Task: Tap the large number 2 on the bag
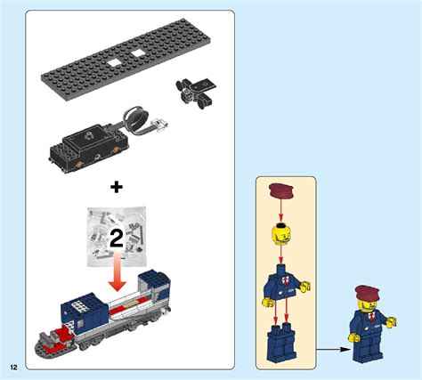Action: (x=117, y=238)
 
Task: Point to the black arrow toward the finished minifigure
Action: (x=330, y=348)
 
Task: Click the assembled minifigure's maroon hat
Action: (x=367, y=294)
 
